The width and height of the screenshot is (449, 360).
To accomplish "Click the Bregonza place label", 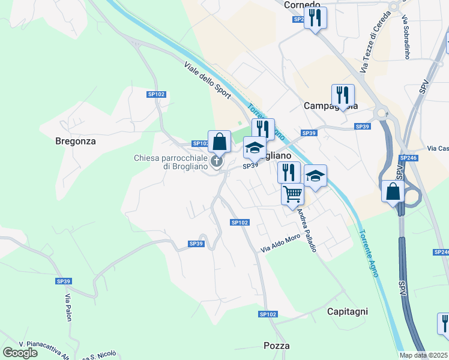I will point(76,142).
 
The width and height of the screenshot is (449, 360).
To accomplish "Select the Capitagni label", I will point(347,311).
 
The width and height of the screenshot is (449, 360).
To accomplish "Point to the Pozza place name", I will point(276,346).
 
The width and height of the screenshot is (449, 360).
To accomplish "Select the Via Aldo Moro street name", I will point(280,242).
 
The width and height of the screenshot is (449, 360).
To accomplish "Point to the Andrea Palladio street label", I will point(306,230).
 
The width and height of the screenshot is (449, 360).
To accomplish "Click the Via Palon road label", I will point(68,307).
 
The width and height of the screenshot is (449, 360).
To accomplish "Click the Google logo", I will point(20,352).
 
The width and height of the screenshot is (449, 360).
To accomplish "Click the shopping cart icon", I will point(292,194).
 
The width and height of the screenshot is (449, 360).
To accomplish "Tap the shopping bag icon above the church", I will point(219,142).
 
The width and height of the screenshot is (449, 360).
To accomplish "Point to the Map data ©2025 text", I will point(424,355).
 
